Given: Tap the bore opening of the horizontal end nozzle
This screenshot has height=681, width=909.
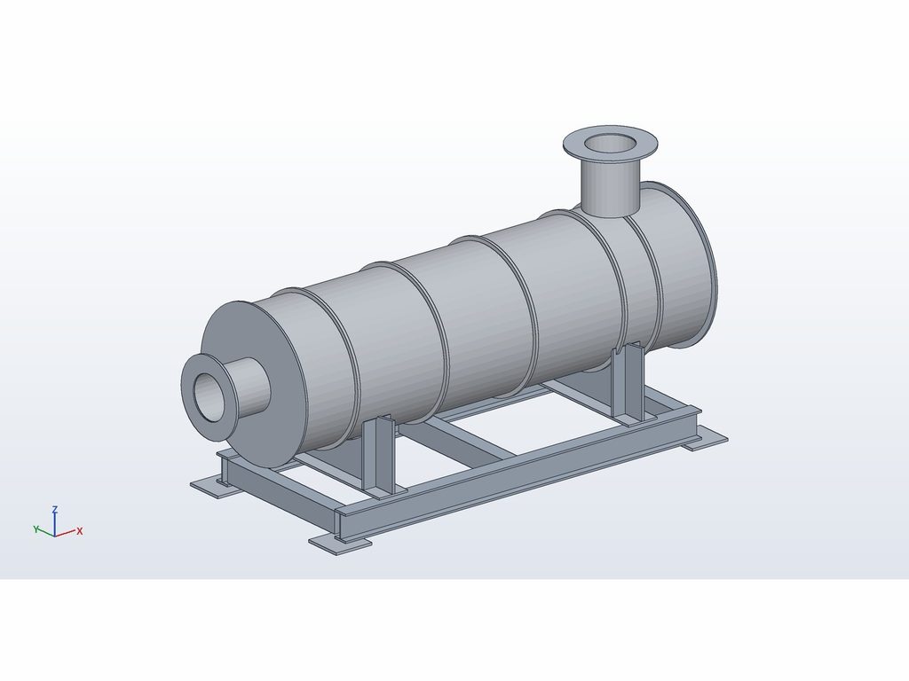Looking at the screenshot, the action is pyautogui.click(x=208, y=396).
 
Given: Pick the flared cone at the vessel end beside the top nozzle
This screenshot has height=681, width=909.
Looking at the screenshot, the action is pyautogui.click(x=678, y=266).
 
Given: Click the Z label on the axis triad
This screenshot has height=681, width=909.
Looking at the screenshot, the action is pyautogui.click(x=54, y=509).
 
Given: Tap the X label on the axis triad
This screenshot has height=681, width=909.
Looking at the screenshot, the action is pyautogui.click(x=80, y=530).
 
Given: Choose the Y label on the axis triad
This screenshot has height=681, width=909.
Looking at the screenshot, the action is pyautogui.click(x=36, y=528).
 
